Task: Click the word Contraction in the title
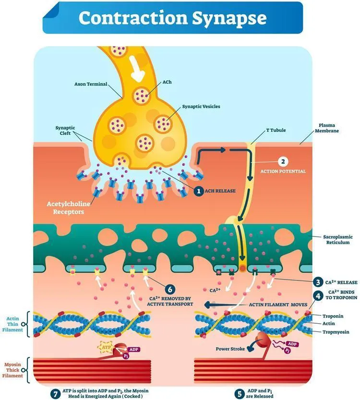pos(133,18)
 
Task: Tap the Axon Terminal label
pos(91,84)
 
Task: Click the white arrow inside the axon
pos(137,68)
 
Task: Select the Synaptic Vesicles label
pos(201,106)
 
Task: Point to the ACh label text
pos(167,82)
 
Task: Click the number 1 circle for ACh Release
pos(199,191)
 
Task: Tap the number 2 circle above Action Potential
pos(283,162)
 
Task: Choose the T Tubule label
pos(276,130)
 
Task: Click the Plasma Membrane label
pos(327,128)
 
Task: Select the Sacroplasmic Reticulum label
pos(338,239)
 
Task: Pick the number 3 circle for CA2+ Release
pos(318,282)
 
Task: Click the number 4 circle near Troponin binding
pos(318,296)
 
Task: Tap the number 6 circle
pos(170,289)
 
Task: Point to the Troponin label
pos(333,316)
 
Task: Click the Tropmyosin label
pos(336,332)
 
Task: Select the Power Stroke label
pos(230,349)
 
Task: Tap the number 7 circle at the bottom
pos(55,393)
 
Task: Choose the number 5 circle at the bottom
pos(240,393)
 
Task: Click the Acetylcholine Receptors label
pos(69,208)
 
